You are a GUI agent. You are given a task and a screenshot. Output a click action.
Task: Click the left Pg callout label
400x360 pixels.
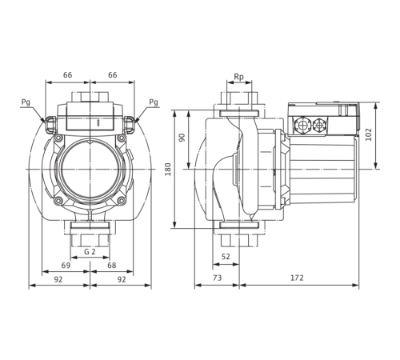tap(26, 102)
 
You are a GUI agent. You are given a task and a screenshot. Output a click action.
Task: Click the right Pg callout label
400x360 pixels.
tap(155, 102)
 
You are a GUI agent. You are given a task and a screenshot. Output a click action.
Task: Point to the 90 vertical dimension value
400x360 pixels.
tap(182, 137)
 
